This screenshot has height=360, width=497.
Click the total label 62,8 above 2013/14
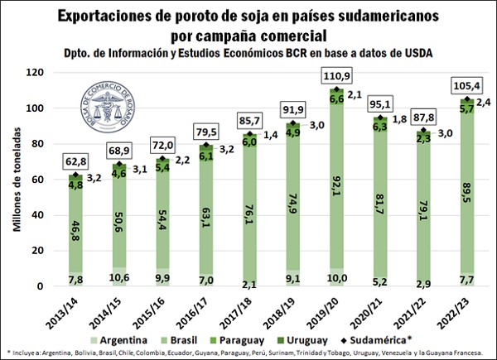click(x=75, y=161)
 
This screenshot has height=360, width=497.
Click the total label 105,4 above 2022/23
click(x=467, y=86)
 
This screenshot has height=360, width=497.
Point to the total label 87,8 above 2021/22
click(x=423, y=117)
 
